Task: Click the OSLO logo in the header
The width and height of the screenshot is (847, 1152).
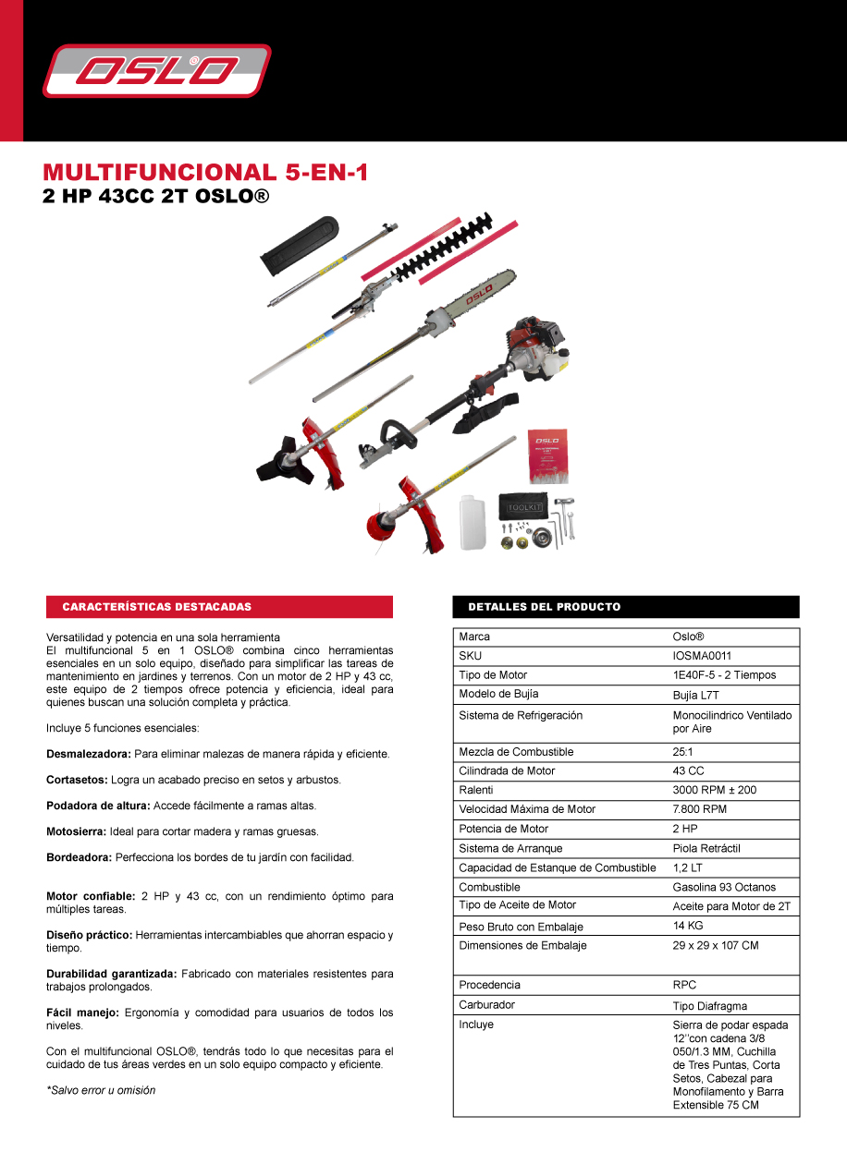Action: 157,71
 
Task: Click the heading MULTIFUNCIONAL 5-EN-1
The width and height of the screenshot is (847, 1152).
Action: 205,173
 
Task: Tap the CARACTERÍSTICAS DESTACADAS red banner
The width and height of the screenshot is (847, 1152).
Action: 219,607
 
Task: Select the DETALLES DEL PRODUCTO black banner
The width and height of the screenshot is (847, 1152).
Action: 626,607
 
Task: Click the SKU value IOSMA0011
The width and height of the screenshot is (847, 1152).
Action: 702,656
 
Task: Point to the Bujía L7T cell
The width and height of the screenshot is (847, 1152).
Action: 695,695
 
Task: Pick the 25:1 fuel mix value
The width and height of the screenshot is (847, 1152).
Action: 682,752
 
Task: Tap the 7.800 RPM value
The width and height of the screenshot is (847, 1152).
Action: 699,809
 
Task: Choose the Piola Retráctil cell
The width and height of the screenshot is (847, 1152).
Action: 706,848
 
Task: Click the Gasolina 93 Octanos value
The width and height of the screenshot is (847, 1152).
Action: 724,887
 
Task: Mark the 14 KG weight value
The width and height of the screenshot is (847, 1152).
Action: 688,926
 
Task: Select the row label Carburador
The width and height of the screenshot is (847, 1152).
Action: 486,1004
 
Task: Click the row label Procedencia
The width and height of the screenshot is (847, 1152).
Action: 489,985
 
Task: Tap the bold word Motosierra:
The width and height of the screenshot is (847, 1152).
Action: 76,831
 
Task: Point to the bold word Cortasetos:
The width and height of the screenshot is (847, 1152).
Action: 77,780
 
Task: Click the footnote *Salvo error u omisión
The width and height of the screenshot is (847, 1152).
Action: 101,1090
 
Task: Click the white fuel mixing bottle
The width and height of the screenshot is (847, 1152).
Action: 473,523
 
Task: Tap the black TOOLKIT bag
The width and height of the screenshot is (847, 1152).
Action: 524,506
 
